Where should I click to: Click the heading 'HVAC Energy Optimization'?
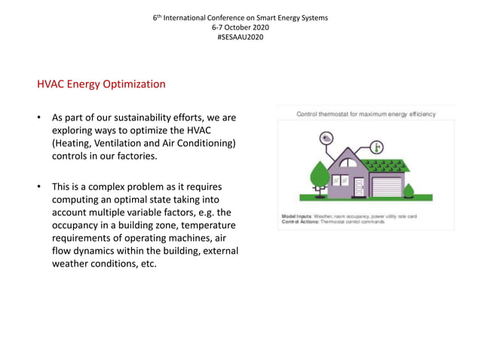pos(101,84)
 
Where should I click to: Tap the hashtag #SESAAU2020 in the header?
pos(240,37)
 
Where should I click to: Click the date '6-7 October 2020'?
pos(240,27)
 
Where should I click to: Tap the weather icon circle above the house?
pos(326,139)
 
